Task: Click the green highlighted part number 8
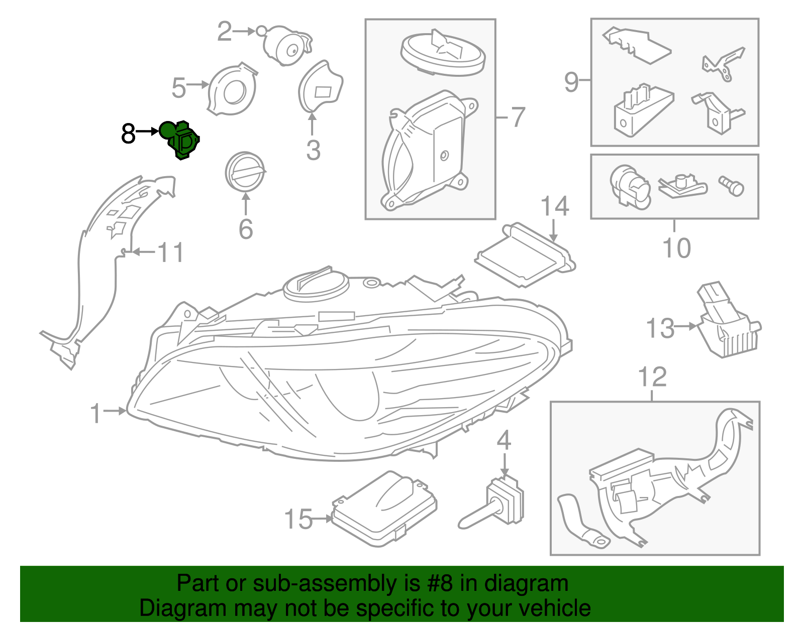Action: pyautogui.click(x=182, y=140)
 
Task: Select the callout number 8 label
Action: pyautogui.click(x=129, y=134)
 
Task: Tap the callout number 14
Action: pyautogui.click(x=554, y=206)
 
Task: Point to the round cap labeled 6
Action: pyautogui.click(x=245, y=172)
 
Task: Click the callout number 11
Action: pyautogui.click(x=171, y=252)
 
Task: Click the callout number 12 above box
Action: pyautogui.click(x=652, y=377)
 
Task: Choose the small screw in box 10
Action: pyautogui.click(x=732, y=185)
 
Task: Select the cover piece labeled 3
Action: pyautogui.click(x=320, y=86)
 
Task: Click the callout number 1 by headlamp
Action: pyautogui.click(x=95, y=413)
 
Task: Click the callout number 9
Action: pyautogui.click(x=571, y=81)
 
